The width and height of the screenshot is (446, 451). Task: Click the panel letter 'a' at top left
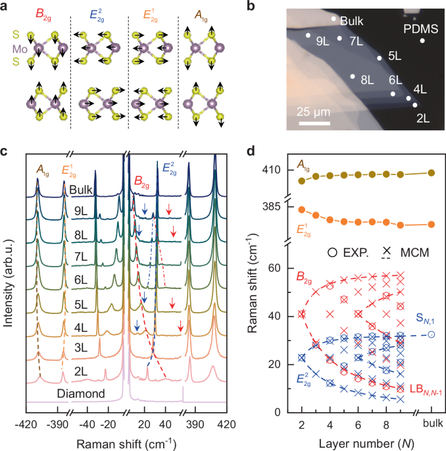click(x=6, y=6)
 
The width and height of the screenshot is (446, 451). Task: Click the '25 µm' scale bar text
click(x=314, y=110)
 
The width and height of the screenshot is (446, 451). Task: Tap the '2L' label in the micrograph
click(x=423, y=119)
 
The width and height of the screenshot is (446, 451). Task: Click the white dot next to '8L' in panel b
click(x=353, y=77)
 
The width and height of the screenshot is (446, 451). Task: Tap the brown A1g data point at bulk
click(x=432, y=172)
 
